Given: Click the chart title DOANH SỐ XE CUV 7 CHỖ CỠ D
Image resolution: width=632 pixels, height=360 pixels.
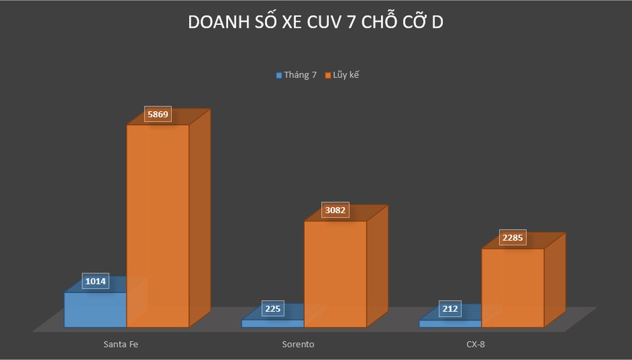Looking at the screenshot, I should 315,23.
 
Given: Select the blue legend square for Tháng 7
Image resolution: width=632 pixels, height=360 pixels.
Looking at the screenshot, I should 279,76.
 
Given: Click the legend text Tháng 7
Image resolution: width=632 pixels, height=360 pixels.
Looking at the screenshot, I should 300,75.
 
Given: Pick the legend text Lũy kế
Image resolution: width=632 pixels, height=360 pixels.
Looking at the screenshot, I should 346,75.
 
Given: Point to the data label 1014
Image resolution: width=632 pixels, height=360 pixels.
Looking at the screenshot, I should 96,282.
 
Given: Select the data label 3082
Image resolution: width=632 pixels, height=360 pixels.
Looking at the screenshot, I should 335,210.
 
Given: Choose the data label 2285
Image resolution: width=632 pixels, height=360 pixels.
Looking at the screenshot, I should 512,238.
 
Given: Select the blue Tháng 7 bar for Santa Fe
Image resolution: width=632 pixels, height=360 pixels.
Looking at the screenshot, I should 95,310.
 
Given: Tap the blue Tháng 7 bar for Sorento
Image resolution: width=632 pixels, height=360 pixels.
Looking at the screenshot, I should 273,323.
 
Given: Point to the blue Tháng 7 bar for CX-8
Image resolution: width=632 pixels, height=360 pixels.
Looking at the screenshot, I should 450,323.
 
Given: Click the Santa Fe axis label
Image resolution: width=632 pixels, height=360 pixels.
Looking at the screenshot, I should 120,343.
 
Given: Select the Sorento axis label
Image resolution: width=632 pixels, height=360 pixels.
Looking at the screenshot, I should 298,343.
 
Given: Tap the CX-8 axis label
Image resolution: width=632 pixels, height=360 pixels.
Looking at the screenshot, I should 475,343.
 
